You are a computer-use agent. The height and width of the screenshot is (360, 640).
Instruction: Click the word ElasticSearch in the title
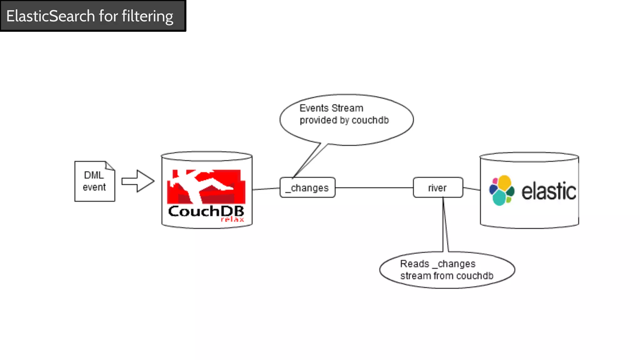[50, 16]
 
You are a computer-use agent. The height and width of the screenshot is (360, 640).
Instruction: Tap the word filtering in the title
[147, 16]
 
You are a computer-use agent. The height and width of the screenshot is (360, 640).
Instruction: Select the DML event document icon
[95, 181]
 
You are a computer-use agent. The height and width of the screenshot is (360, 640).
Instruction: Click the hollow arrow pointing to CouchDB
[138, 181]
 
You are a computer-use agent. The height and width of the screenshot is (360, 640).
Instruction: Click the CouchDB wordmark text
[206, 211]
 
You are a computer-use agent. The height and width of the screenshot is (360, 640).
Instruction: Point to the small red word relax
[232, 219]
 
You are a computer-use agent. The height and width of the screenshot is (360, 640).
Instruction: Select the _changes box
[307, 187]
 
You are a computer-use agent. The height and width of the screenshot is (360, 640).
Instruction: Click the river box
[437, 187]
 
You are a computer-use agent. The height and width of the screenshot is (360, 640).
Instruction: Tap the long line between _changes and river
[374, 188]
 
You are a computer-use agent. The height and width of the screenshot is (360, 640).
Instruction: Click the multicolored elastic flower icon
[502, 190]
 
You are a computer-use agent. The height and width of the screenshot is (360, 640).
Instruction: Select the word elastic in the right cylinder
[549, 191]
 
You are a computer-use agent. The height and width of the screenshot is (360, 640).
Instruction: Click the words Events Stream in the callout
[331, 108]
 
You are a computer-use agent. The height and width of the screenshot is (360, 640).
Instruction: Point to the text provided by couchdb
[344, 120]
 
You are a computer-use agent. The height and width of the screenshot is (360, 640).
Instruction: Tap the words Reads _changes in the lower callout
[437, 264]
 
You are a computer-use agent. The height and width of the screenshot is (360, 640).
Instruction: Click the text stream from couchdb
[447, 276]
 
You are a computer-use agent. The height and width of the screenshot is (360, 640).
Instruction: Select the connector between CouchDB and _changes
[266, 189]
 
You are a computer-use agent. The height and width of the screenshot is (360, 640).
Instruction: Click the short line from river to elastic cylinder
[471, 189]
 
